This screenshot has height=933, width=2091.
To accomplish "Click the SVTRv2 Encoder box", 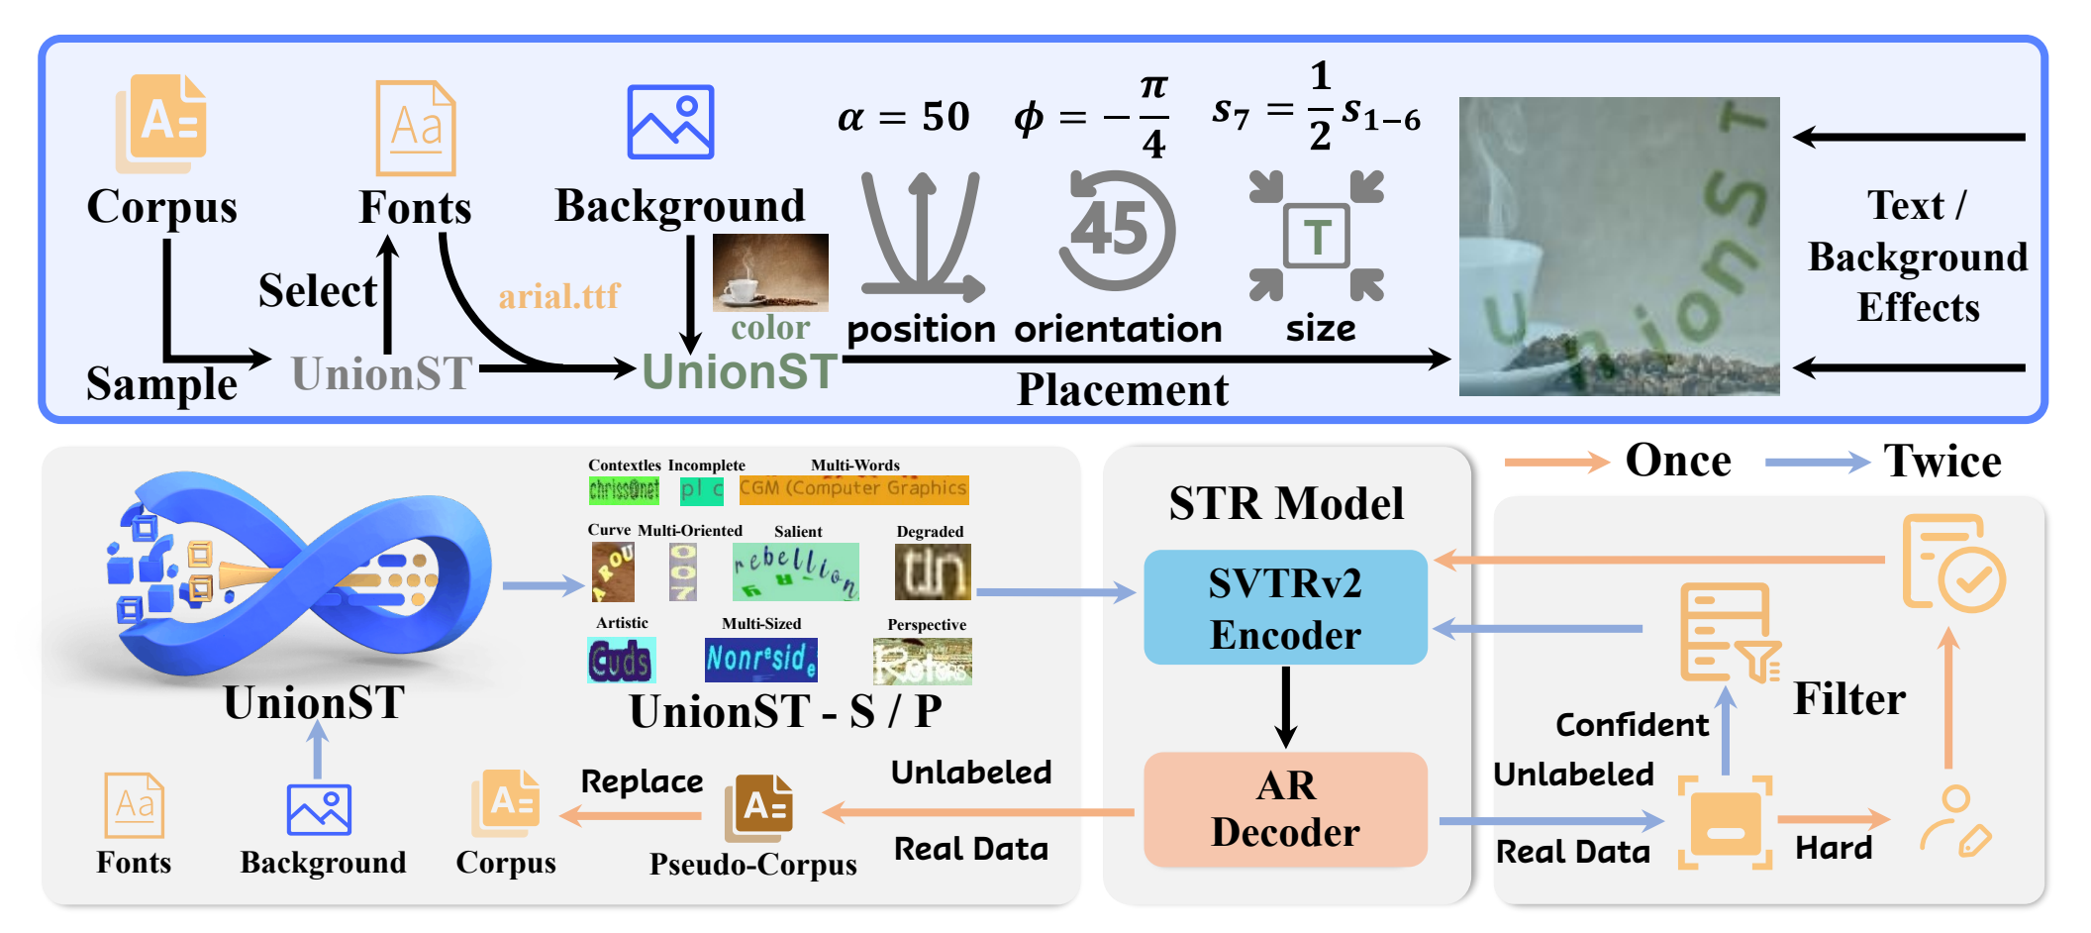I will point(1285,607).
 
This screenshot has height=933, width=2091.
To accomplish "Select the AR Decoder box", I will point(1285,809).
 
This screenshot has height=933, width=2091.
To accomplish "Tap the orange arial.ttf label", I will point(558,296).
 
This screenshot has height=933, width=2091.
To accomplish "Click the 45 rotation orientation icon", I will point(1117,230).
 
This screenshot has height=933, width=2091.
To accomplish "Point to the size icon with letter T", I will point(1316,236).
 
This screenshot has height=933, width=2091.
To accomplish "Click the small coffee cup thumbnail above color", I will point(770,272).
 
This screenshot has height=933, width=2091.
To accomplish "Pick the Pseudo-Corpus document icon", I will point(758,807).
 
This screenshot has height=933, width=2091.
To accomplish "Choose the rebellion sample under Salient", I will point(795,571).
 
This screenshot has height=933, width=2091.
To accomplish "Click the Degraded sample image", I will point(933,571).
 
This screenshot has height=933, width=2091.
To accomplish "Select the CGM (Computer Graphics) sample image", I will point(853,489).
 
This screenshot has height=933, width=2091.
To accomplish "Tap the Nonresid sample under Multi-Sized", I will point(760,660).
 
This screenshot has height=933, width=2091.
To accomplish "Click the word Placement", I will point(1123,390).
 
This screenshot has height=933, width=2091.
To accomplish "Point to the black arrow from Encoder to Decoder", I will point(1285,707).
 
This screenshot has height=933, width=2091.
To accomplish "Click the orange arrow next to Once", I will point(1555,463).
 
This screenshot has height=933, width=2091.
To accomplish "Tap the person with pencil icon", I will point(1955,821).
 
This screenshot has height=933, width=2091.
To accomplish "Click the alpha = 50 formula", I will point(903,117).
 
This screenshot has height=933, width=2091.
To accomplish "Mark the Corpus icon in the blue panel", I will point(162,123).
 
